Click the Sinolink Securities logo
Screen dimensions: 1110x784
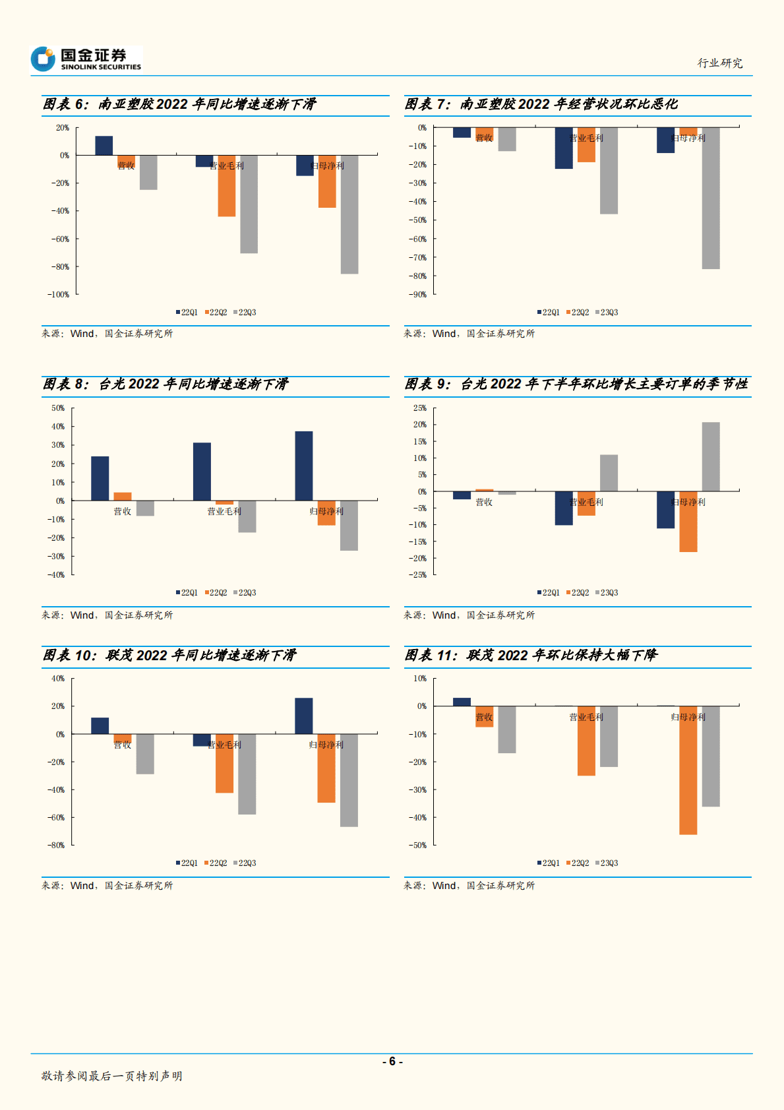pyautogui.click(x=86, y=59)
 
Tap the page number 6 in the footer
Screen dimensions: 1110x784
pyautogui.click(x=392, y=1061)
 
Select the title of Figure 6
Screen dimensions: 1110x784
pyautogui.click(x=179, y=104)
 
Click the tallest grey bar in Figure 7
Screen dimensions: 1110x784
pyautogui.click(x=711, y=198)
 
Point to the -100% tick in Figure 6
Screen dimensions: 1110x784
pyautogui.click(x=59, y=295)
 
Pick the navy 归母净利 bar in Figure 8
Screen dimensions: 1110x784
pyautogui.click(x=304, y=466)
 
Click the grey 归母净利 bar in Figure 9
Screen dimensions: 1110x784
pyautogui.click(x=711, y=456)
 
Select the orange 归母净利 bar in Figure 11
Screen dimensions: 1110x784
pyautogui.click(x=688, y=770)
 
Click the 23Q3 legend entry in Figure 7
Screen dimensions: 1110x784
pyautogui.click(x=607, y=313)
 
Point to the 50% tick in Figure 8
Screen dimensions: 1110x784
pyautogui.click(x=59, y=408)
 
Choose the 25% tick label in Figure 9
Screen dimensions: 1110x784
pyautogui.click(x=420, y=408)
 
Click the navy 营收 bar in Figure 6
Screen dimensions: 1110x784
pyautogui.click(x=104, y=146)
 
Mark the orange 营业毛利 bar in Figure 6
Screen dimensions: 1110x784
pyautogui.click(x=227, y=186)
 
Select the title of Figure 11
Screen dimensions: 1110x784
pyautogui.click(x=531, y=655)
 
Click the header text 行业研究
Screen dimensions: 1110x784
pyautogui.click(x=720, y=63)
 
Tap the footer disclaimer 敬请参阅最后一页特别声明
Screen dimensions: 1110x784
pyautogui.click(x=112, y=1076)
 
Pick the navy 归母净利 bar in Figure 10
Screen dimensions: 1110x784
pyautogui.click(x=304, y=716)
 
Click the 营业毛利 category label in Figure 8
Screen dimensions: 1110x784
pyautogui.click(x=224, y=511)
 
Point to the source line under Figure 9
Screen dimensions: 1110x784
pyautogui.click(x=469, y=615)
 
